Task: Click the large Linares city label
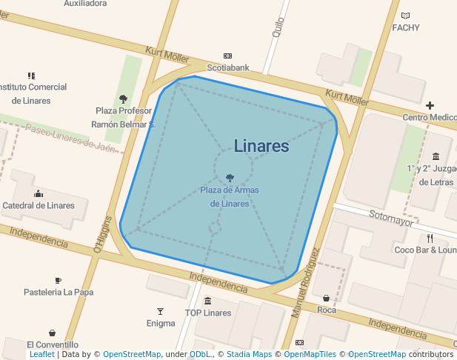(x=261, y=146)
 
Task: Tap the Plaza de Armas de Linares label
(x=230, y=196)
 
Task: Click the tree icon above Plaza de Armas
(x=230, y=178)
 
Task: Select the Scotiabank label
(x=228, y=67)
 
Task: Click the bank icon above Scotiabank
(x=227, y=56)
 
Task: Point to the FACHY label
(x=406, y=28)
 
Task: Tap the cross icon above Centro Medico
(x=430, y=106)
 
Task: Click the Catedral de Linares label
(x=39, y=205)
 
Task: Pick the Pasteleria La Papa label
(x=59, y=292)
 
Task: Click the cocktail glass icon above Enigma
(x=160, y=311)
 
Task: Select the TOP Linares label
(x=208, y=313)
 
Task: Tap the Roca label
(x=327, y=310)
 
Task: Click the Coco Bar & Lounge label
(x=425, y=250)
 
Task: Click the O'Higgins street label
(x=102, y=234)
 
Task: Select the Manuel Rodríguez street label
(x=306, y=283)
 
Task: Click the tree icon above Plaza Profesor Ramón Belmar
(x=123, y=99)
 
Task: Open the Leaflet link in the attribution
(x=41, y=355)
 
